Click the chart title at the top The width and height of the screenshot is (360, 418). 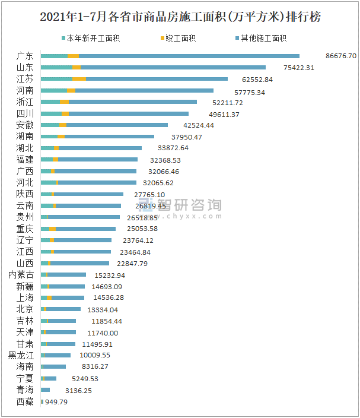click(x=180, y=17)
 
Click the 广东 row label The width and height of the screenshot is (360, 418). click(x=25, y=56)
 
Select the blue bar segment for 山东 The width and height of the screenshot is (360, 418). click(x=172, y=68)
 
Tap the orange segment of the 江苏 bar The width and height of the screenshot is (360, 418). click(x=79, y=79)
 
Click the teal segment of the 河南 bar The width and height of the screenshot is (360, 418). click(x=53, y=90)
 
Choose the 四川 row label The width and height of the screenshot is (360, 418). click(x=25, y=113)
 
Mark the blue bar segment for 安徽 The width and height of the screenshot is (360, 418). click(x=117, y=125)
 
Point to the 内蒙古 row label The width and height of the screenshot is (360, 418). click(x=21, y=275)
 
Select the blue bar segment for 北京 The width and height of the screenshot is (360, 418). click(x=63, y=309)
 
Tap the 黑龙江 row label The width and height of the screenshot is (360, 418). click(x=21, y=356)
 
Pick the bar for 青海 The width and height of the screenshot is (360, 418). click(x=45, y=390)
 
